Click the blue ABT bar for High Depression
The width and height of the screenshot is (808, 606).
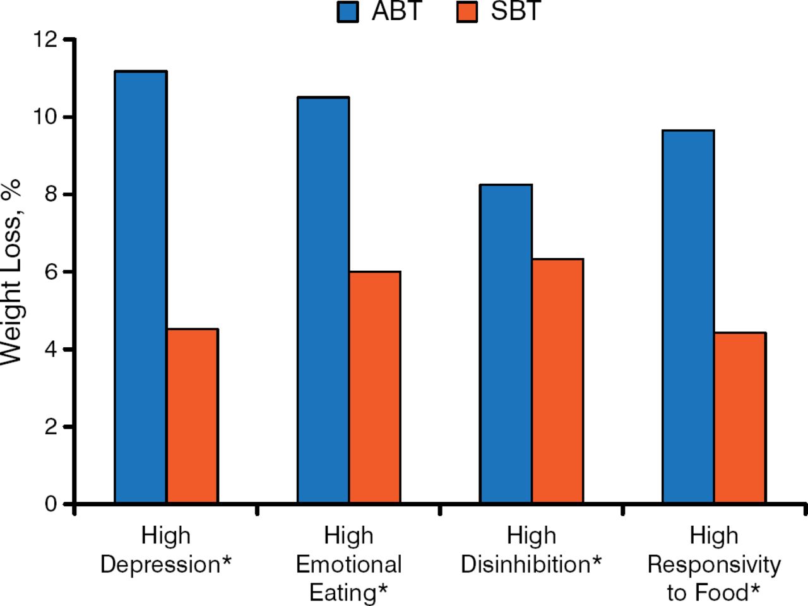(x=141, y=287)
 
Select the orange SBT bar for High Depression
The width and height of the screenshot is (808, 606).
(x=193, y=416)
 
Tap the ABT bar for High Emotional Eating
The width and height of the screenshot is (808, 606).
(x=323, y=300)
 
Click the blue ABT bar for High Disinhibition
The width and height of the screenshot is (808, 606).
(x=506, y=344)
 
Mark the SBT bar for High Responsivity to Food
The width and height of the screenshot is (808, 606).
(x=740, y=418)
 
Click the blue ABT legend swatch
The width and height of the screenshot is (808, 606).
(x=348, y=12)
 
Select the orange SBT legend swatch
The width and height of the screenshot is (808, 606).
(x=467, y=12)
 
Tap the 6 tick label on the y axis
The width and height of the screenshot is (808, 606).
(x=51, y=272)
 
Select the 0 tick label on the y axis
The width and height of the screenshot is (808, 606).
(x=51, y=504)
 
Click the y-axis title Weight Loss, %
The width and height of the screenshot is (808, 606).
(x=11, y=271)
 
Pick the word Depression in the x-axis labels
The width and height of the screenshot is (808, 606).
(x=159, y=564)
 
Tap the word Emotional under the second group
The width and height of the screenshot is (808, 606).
(x=348, y=564)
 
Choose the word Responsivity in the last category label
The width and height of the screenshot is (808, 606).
(x=714, y=564)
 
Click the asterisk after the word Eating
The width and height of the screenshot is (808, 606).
(x=382, y=591)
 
